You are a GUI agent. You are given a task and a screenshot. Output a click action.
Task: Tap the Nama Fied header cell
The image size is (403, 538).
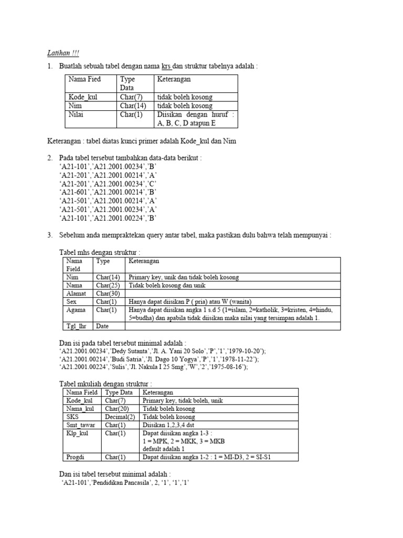pyautogui.click(x=84, y=79)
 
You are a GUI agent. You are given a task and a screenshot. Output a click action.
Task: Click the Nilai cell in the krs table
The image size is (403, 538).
pyautogui.click(x=76, y=115)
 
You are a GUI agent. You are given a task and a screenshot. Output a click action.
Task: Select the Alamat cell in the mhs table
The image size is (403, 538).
pyautogui.click(x=76, y=294)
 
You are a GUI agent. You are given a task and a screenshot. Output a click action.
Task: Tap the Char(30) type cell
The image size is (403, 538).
pyautogui.click(x=108, y=294)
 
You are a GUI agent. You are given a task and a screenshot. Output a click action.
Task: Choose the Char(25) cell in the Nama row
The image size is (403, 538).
pyautogui.click(x=108, y=285)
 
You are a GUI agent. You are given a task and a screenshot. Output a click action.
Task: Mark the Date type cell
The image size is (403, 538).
pyautogui.click(x=103, y=326)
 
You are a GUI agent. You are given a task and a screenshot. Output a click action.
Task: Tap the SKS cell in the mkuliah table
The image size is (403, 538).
pyautogui.click(x=73, y=417)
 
